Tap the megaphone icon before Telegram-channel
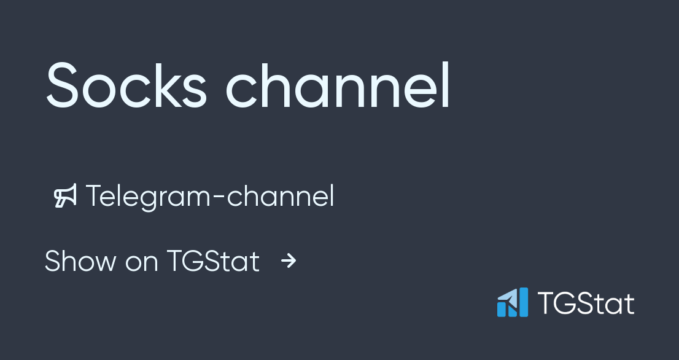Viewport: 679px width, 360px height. tap(65, 196)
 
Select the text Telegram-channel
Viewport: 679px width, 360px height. tap(210, 196)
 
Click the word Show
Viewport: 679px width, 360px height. tap(80, 261)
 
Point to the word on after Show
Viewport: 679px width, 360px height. tap(141, 262)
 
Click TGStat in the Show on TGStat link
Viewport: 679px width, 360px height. tap(213, 261)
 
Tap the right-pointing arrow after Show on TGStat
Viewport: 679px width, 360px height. tap(288, 261)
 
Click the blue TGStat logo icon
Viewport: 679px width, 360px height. tap(513, 302)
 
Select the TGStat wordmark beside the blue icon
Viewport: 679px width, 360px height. tap(586, 303)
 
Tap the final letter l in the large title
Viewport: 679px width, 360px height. tap(446, 85)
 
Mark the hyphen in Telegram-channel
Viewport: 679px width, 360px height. tap(220, 198)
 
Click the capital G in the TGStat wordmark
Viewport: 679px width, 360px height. tap(565, 303)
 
